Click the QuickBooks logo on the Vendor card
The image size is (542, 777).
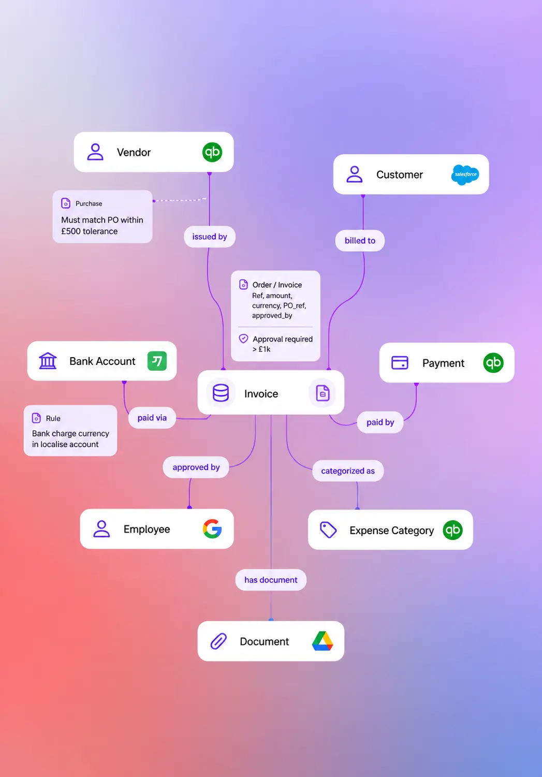pyautogui.click(x=212, y=152)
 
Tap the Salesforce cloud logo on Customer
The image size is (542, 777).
pyautogui.click(x=465, y=174)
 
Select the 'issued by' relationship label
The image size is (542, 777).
pyautogui.click(x=210, y=237)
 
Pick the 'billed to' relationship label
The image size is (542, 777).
pyautogui.click(x=360, y=240)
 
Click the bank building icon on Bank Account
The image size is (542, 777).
pyautogui.click(x=48, y=361)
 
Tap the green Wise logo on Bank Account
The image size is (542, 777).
pyautogui.click(x=157, y=361)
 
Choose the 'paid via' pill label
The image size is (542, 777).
pyautogui.click(x=152, y=418)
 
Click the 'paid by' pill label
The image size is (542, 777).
pyautogui.click(x=380, y=422)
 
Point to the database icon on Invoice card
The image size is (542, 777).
pyautogui.click(x=221, y=393)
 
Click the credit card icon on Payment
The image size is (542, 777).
pyautogui.click(x=400, y=363)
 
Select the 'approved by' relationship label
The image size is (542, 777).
pyautogui.click(x=196, y=467)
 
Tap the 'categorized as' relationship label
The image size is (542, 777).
pyautogui.click(x=348, y=471)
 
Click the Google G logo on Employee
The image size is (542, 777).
pyautogui.click(x=212, y=529)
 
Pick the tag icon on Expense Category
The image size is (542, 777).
pyautogui.click(x=328, y=530)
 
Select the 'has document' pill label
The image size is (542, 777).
pyautogui.click(x=271, y=580)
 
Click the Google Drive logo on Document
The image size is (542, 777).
pyautogui.click(x=323, y=641)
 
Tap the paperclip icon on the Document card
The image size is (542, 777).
pyautogui.click(x=218, y=641)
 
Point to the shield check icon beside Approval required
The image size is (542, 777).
pyautogui.click(x=244, y=339)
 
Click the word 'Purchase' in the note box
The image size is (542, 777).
pyautogui.click(x=89, y=203)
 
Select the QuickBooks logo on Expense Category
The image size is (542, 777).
pyautogui.click(x=452, y=530)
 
